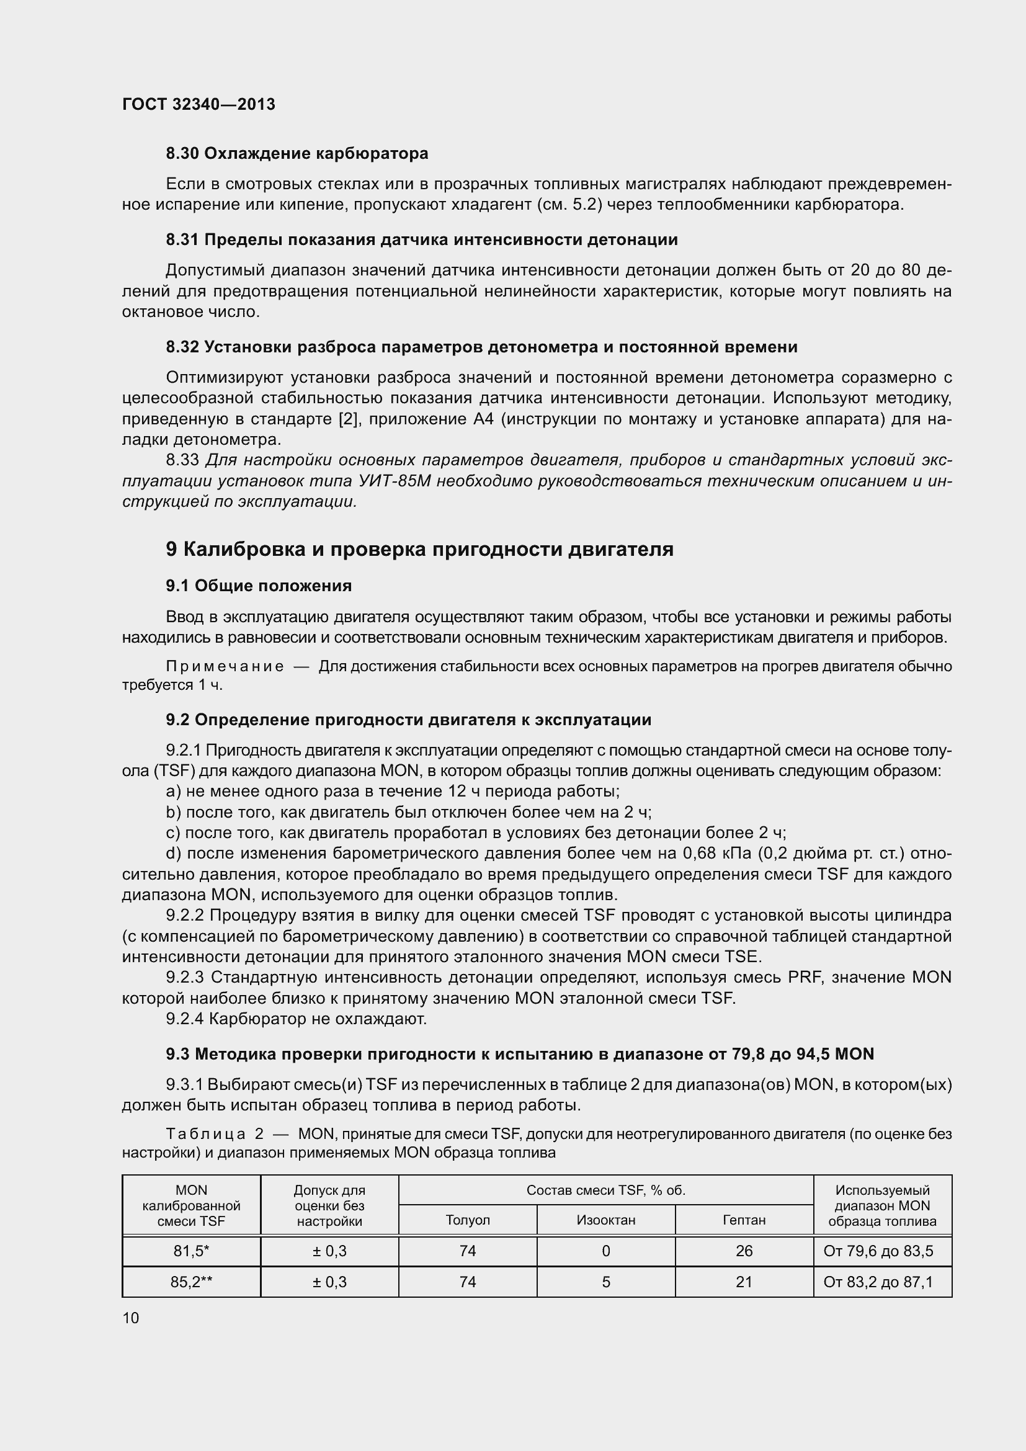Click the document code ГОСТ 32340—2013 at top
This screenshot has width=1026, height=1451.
pyautogui.click(x=199, y=104)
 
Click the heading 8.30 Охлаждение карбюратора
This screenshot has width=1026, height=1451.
pyautogui.click(x=297, y=154)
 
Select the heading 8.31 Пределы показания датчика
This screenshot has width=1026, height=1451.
pyautogui.click(x=421, y=240)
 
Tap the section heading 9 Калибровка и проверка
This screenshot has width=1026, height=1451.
pyautogui.click(x=419, y=549)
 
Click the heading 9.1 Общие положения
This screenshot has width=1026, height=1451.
pyautogui.click(x=259, y=586)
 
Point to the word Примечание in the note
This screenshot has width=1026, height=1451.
pyautogui.click(x=225, y=667)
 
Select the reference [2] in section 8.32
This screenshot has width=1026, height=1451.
pyautogui.click(x=349, y=419)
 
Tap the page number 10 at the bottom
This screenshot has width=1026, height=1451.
pyautogui.click(x=131, y=1318)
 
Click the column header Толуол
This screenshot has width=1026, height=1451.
pyautogui.click(x=468, y=1220)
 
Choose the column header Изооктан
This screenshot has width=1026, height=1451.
pyautogui.click(x=606, y=1220)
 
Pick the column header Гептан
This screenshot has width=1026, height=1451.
pyautogui.click(x=744, y=1220)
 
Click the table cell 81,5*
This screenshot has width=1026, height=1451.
pyautogui.click(x=191, y=1251)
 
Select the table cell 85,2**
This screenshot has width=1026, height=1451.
pyautogui.click(x=191, y=1282)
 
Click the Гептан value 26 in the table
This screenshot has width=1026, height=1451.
pyautogui.click(x=744, y=1251)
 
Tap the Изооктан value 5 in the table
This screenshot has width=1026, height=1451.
pyautogui.click(x=606, y=1282)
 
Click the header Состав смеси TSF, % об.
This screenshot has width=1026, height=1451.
pyautogui.click(x=606, y=1190)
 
